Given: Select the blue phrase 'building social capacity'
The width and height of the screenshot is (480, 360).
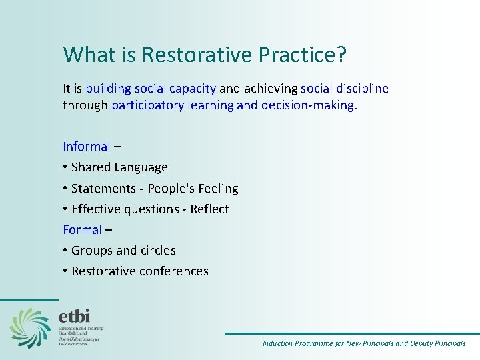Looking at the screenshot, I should pyautogui.click(x=151, y=88).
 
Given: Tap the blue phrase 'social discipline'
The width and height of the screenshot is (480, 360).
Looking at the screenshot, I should pyautogui.click(x=345, y=88).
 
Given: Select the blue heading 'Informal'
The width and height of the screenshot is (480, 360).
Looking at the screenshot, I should pyautogui.click(x=86, y=146).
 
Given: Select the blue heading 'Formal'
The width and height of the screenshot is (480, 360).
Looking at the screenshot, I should pyautogui.click(x=82, y=229).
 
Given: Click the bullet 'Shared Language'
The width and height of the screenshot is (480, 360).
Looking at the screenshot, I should pyautogui.click(x=119, y=167).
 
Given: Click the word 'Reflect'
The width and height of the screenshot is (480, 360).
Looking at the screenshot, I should pyautogui.click(x=209, y=209).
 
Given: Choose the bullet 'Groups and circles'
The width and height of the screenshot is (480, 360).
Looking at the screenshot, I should pyautogui.click(x=123, y=251).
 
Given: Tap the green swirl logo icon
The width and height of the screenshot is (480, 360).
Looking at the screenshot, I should pyautogui.click(x=30, y=327).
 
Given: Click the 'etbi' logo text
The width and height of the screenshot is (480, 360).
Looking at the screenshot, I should pyautogui.click(x=74, y=315).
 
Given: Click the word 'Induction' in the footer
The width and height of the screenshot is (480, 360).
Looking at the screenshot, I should pyautogui.click(x=277, y=344).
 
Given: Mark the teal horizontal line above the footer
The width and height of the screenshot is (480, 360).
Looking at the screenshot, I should pyautogui.click(x=351, y=333).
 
